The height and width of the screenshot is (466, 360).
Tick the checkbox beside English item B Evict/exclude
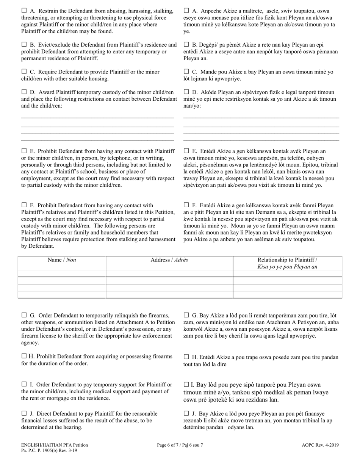[x=24, y=45]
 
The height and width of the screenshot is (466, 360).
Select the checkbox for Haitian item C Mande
[x=186, y=72]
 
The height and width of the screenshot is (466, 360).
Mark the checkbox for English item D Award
[x=24, y=92]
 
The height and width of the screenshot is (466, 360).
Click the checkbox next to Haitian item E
[x=186, y=151]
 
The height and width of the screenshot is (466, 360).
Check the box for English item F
[x=24, y=205]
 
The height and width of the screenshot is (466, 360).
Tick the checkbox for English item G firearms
[x=24, y=315]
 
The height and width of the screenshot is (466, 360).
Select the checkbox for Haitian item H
[x=186, y=357]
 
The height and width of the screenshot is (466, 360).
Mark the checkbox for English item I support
[x=24, y=385]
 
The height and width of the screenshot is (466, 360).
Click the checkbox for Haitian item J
[x=186, y=414]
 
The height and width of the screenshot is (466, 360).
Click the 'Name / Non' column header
[x=62, y=260]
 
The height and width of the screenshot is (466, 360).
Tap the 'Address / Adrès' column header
[x=169, y=260]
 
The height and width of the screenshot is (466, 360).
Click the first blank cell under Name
[x=62, y=274]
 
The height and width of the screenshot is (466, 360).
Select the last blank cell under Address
[x=169, y=294]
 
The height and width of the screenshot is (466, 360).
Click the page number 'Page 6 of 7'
[x=180, y=445]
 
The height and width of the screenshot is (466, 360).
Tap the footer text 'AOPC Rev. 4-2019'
[x=320, y=445]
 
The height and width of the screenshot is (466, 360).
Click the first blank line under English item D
[x=97, y=118]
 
